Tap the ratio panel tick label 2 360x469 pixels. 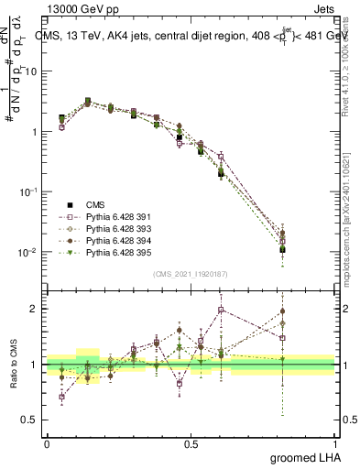pos(38,309)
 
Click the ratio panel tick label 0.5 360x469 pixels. pos(34,420)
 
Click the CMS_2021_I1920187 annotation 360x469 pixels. pos(191,274)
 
